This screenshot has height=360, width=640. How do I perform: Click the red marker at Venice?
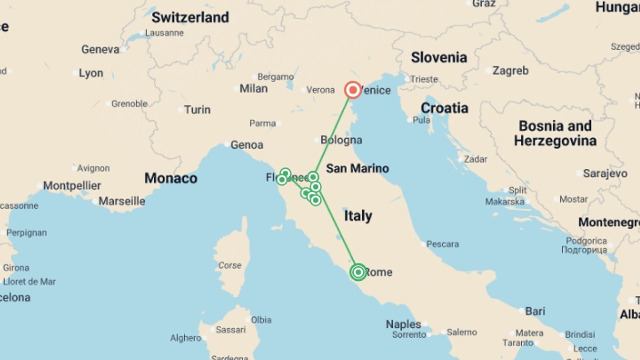(x=353, y=90)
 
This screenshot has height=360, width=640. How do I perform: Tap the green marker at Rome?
(x=358, y=272)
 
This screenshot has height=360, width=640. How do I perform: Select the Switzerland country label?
(x=190, y=17)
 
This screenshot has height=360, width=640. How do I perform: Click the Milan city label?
(x=253, y=89)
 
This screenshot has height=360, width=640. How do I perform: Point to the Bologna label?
(x=341, y=140)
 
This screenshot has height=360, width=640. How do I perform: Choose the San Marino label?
(x=357, y=168)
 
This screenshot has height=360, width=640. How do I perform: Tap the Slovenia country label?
(x=439, y=57)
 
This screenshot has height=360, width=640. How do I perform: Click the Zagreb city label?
(x=510, y=71)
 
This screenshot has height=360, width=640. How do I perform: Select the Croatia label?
(x=444, y=108)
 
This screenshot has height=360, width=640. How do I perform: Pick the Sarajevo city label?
(x=605, y=173)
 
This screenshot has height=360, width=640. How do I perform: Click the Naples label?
(x=403, y=324)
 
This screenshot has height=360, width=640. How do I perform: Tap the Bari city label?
(x=535, y=311)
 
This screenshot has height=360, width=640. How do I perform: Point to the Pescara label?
(x=442, y=244)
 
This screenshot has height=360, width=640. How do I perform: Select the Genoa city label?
(x=247, y=145)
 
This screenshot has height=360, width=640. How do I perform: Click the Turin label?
(x=197, y=110)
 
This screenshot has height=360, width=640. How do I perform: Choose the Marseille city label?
(x=122, y=201)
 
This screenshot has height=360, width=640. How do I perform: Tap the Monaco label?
(x=171, y=178)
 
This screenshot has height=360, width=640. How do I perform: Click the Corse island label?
(x=230, y=265)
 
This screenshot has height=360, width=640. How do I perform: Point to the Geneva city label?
(x=100, y=50)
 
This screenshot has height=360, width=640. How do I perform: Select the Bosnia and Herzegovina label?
(x=555, y=133)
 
